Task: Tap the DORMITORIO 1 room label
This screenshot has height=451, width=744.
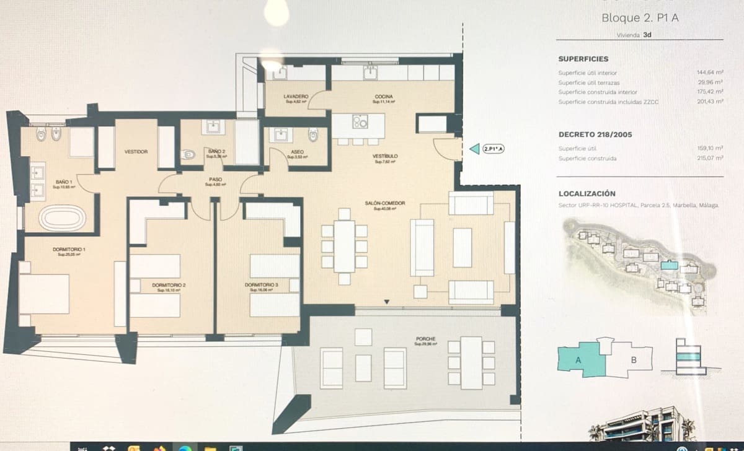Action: click(69, 250)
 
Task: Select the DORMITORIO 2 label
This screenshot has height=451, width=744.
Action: click(169, 285)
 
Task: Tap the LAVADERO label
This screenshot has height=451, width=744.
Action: click(296, 97)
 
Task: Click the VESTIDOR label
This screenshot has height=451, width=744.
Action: click(135, 152)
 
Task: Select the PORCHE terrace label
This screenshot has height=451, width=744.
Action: click(426, 339)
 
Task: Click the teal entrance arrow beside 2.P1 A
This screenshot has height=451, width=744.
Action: click(474, 149)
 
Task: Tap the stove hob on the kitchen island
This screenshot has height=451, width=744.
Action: click(360, 121)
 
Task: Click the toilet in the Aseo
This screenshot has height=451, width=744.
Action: click(313, 134)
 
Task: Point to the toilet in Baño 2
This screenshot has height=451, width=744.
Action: click(190, 154)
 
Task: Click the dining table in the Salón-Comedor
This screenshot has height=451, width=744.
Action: click(344, 246)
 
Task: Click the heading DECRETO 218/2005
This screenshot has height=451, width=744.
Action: click(595, 134)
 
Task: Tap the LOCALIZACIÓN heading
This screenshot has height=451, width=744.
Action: click(587, 194)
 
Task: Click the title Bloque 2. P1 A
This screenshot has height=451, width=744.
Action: click(640, 18)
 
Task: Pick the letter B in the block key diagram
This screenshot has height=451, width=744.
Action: click(634, 359)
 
